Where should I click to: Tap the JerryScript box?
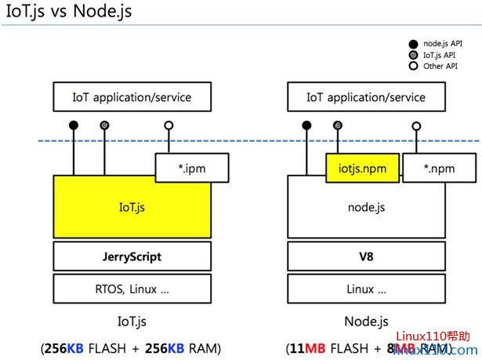click(x=132, y=256)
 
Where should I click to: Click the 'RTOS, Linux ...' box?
click(x=132, y=288)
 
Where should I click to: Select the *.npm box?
click(x=439, y=167)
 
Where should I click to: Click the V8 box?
click(x=365, y=256)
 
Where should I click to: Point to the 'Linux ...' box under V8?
click(x=365, y=288)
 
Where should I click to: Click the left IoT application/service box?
click(x=132, y=97)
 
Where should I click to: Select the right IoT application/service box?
click(x=365, y=97)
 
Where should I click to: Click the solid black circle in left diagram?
click(x=74, y=125)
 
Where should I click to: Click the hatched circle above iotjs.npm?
click(x=338, y=125)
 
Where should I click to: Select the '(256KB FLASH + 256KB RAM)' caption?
click(x=131, y=347)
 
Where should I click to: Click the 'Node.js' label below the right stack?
click(x=365, y=322)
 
